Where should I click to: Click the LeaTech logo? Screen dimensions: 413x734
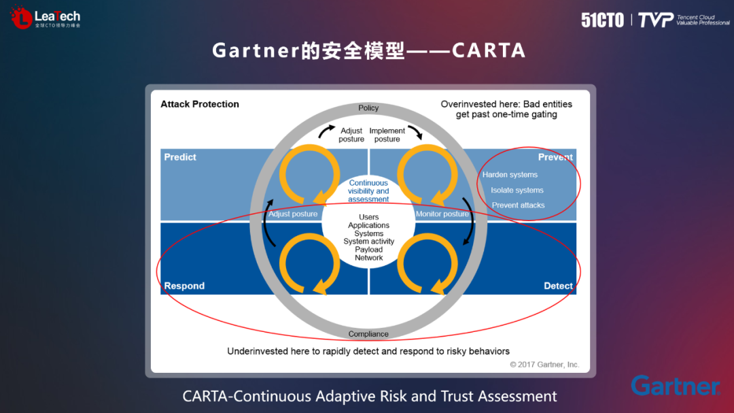click(x=46, y=18)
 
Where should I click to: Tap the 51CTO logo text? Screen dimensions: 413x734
click(x=602, y=20)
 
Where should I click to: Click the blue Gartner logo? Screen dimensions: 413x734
click(x=675, y=386)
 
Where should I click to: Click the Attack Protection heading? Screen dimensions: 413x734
click(x=200, y=104)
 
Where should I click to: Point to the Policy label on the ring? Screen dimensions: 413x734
click(x=368, y=108)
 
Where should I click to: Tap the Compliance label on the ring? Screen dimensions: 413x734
click(x=368, y=334)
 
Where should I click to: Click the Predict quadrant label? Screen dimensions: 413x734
click(x=180, y=157)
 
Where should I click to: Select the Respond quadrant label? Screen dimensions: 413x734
click(x=184, y=286)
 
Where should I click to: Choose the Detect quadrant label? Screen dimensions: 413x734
click(x=558, y=286)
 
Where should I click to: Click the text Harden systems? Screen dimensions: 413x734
click(x=510, y=175)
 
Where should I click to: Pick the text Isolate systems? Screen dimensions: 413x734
click(x=517, y=191)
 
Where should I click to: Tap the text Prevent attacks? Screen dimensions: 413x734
click(x=519, y=205)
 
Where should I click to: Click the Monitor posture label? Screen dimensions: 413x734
click(x=442, y=214)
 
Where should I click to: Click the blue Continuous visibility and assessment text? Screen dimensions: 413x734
click(x=368, y=191)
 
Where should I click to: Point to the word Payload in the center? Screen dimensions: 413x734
click(x=368, y=250)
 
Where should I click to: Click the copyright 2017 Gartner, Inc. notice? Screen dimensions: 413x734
click(x=544, y=365)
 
